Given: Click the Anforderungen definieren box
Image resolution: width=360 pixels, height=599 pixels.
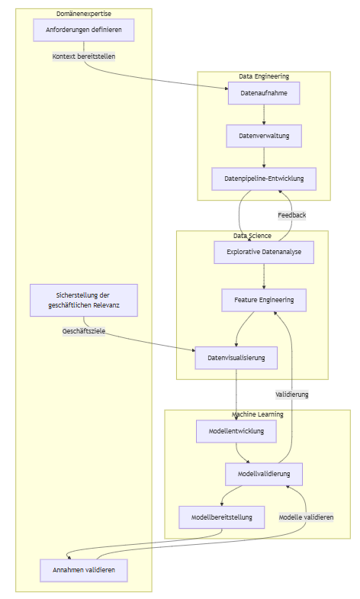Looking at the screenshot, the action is pos(84,30).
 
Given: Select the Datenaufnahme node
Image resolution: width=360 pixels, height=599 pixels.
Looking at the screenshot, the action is pos(264,93).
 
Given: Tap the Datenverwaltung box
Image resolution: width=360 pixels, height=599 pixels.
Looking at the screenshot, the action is pos(264,136).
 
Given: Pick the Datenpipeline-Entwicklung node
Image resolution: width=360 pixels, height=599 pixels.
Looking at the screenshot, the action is pos(264,179).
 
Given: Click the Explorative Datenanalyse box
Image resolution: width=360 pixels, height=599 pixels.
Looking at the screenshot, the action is pos(264,252).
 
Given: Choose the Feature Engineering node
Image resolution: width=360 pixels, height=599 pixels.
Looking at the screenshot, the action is pos(264,301).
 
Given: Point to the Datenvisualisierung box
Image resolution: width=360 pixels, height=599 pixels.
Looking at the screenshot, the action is pos(236,358).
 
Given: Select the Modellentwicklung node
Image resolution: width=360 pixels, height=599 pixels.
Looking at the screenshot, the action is pos(236,431).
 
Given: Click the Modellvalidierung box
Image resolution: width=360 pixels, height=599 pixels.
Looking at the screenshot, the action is pos(264,474).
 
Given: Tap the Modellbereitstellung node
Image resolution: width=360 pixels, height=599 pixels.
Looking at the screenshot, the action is pos(222,517).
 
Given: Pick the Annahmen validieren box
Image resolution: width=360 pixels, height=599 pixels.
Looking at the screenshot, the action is pos(84,570).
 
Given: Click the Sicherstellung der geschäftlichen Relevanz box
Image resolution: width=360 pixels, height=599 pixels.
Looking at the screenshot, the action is pos(84,301).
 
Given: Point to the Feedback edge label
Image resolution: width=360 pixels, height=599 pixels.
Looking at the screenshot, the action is pos(292,215).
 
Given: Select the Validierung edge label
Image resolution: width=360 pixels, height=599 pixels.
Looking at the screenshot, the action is pos(292,395).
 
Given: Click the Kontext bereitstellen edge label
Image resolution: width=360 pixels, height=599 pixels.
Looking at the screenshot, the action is pos(84,56).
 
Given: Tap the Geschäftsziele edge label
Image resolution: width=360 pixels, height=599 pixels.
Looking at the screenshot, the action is pos(84,331).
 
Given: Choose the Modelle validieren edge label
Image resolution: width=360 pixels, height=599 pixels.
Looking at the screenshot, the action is pos(306,517).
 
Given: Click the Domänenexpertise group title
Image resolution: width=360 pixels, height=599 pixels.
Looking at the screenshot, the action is pos(84,14).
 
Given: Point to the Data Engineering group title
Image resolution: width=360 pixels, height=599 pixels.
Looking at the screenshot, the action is pos(264,76).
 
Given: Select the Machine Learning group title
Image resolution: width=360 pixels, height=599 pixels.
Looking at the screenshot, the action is pos(258,414).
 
